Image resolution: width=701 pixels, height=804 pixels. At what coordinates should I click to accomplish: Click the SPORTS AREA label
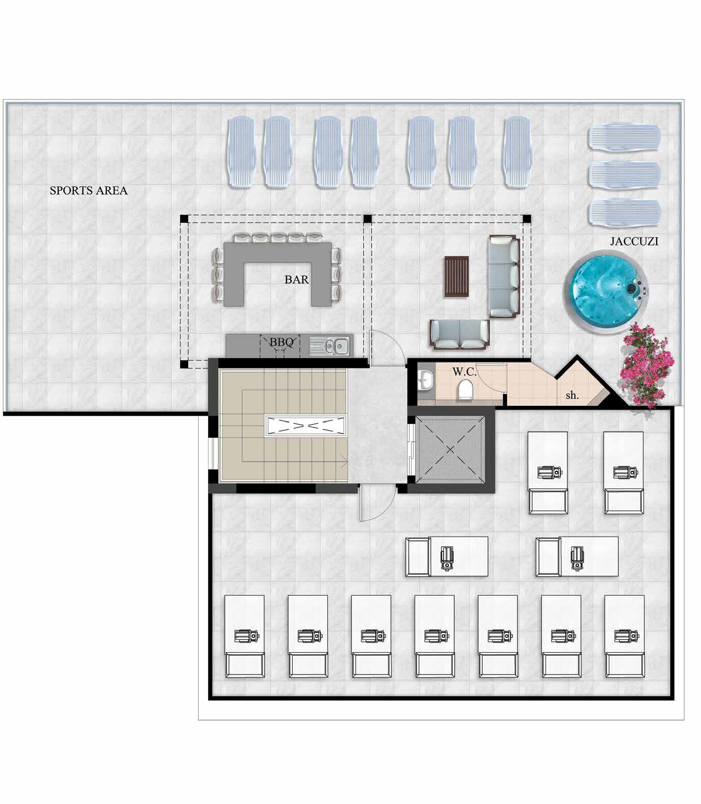coord(88,191)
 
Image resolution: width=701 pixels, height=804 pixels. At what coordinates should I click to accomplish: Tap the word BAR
coord(296,279)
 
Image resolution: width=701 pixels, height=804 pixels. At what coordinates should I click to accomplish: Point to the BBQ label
coord(281,342)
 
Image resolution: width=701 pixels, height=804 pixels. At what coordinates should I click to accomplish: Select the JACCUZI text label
coord(634,242)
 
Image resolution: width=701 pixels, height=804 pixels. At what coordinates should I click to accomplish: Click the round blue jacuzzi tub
coord(608,292)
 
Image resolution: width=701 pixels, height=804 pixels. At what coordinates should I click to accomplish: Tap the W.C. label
coord(464,372)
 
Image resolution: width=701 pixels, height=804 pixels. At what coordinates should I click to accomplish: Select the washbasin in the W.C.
coord(425,378)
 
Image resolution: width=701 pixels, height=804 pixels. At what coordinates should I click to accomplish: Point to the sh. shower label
coord(572,395)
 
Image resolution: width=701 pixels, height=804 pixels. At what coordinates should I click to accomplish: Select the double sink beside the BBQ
coord(331,346)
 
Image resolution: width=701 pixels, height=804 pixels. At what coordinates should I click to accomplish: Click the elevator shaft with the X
coord(450,449)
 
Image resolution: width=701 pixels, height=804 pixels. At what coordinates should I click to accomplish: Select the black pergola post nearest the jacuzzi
coord(527,219)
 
